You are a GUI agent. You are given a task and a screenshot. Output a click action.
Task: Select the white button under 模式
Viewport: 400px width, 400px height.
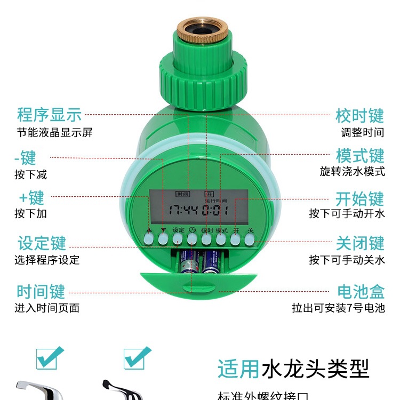[221, 240]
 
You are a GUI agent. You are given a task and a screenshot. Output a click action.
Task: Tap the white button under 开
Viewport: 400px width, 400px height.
[235, 240]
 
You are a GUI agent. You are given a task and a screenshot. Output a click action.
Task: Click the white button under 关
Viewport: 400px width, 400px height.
[250, 240]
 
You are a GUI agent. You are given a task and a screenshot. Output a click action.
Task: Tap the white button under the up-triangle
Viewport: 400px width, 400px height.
[149, 240]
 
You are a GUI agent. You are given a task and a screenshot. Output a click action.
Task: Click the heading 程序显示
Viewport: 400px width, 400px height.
[49, 114]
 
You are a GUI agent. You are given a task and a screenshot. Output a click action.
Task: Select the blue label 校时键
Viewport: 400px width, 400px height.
[359, 116]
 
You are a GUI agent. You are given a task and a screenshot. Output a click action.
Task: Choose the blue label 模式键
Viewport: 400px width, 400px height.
[360, 156]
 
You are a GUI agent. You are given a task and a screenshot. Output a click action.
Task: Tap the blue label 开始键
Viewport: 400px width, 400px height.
[359, 199]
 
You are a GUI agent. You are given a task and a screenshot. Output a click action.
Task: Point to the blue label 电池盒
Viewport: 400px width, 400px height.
[361, 292]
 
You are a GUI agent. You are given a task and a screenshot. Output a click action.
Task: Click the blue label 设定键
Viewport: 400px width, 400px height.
[42, 243]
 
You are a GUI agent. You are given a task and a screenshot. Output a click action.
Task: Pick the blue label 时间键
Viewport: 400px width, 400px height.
[41, 292]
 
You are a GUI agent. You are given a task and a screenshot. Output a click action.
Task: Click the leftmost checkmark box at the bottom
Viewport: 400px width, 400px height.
[50, 357]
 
